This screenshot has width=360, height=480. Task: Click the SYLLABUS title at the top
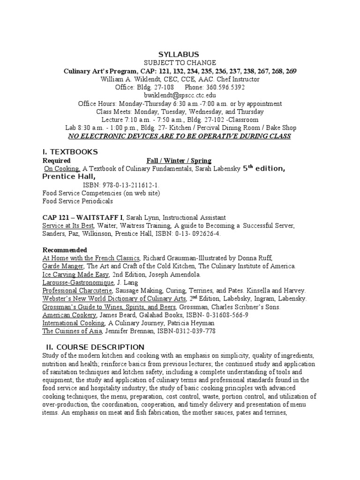180,55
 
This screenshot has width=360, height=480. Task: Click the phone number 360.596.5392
223,87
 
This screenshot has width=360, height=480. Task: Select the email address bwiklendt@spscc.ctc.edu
180,95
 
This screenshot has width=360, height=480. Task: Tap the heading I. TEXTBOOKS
70,152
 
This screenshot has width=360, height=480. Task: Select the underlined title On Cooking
62,169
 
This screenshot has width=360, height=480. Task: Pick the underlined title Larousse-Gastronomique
78,283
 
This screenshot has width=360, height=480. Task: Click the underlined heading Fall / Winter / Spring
179,161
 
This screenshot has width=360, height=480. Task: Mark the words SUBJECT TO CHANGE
180,63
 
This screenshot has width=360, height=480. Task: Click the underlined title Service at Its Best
71,225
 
